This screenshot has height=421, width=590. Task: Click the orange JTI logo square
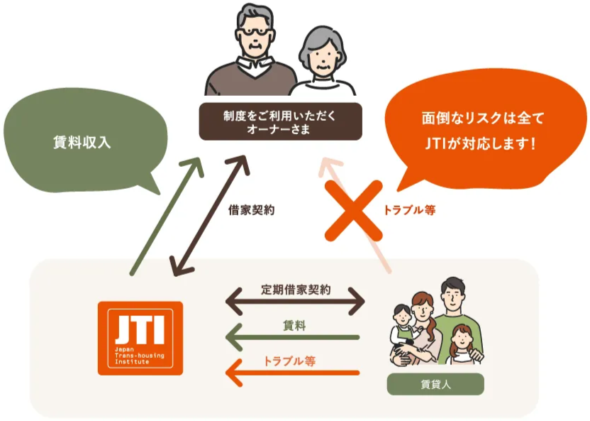click(140, 338)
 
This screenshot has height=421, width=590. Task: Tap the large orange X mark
click(354, 211)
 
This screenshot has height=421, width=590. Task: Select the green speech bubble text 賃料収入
click(82, 142)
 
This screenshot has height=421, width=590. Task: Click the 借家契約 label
click(251, 210)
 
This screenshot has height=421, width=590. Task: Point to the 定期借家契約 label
click(296, 289)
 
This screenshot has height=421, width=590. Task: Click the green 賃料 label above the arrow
click(294, 325)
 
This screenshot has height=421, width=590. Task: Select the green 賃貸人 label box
click(435, 384)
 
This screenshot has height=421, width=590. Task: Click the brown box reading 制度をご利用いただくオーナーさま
click(280, 121)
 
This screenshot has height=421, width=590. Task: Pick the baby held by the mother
click(403, 332)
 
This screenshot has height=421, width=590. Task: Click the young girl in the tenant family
click(462, 344)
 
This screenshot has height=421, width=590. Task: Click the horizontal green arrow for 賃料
click(292, 337)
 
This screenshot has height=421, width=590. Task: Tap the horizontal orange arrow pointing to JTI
click(292, 373)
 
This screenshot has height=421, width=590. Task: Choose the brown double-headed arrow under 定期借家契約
click(296, 301)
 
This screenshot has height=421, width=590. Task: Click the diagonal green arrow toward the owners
click(167, 216)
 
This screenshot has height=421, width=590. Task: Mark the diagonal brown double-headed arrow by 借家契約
click(210, 216)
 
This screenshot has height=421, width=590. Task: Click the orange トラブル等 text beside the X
click(409, 209)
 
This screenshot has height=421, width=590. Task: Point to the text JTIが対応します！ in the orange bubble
click(480, 143)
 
